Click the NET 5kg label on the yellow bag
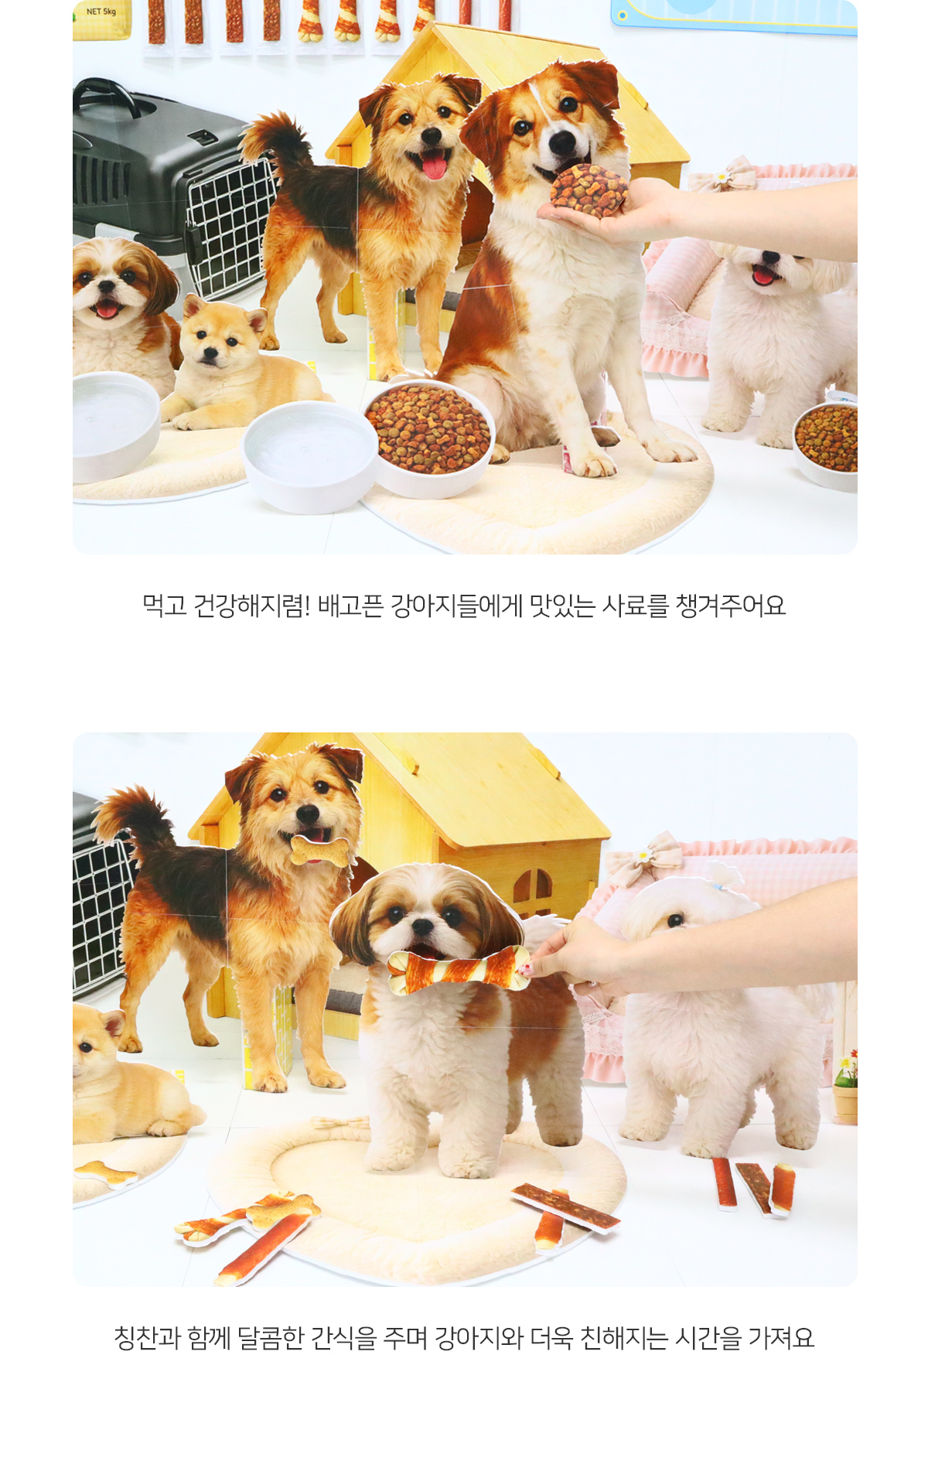tap(101, 12)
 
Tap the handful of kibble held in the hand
tap(589, 189)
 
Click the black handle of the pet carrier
tap(108, 93)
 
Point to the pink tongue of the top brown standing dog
tap(434, 165)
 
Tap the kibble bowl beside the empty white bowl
tap(430, 437)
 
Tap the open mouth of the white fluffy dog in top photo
tap(764, 275)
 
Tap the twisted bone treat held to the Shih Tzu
tap(459, 969)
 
